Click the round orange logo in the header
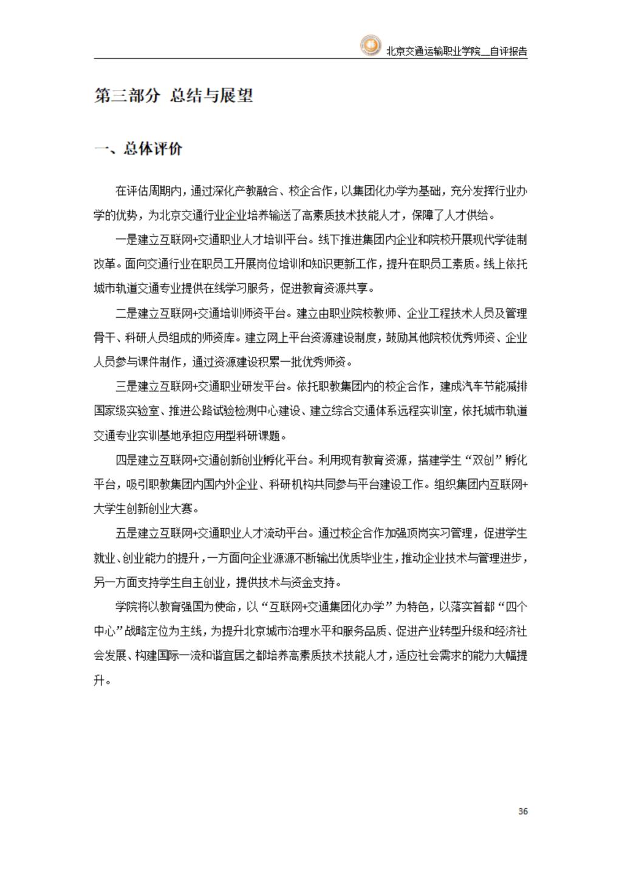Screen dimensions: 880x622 point(369,46)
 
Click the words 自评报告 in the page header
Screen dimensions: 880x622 point(508,52)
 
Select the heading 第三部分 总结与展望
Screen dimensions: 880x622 point(174,95)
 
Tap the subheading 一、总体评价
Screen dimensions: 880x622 point(138,149)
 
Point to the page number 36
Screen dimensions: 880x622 point(523,811)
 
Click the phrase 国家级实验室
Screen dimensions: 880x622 point(126,411)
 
